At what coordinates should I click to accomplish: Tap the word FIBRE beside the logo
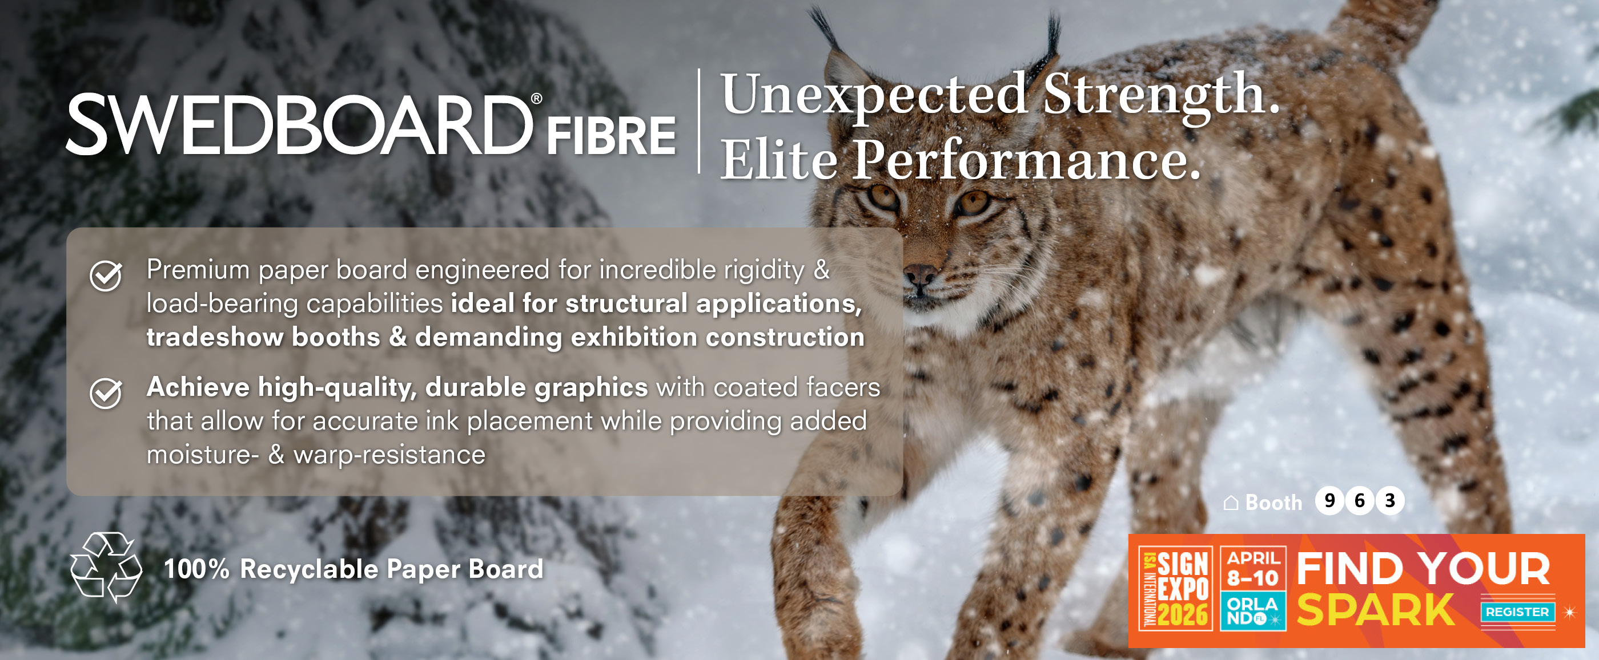611,136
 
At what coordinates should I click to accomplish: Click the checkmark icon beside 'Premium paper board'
106,276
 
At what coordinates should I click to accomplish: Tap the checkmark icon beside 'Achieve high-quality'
106,393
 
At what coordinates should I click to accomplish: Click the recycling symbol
106,568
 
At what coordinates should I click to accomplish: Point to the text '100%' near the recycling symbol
197,569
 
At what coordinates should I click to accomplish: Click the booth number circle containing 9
1329,501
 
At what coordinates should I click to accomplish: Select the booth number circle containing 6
1359,501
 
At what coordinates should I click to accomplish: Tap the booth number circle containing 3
1390,501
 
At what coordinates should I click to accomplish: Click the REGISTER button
1518,612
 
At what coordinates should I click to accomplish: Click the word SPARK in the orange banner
1376,610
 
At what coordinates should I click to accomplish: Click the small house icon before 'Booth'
1231,503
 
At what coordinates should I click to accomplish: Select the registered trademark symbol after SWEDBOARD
536,99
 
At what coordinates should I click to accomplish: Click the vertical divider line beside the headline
699,121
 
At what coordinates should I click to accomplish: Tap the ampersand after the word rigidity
822,270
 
